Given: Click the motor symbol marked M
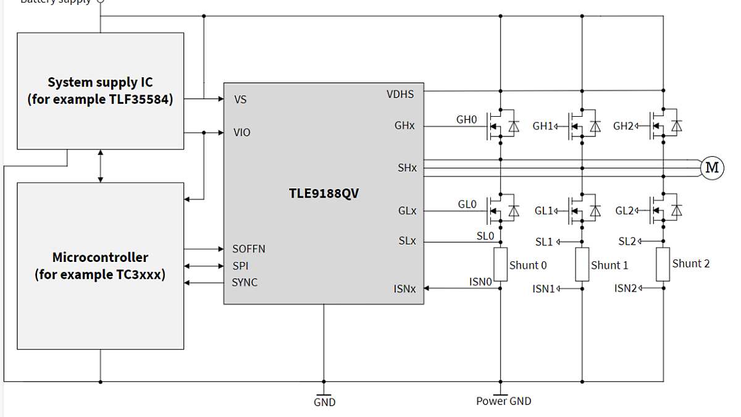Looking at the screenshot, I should pyautogui.click(x=711, y=167).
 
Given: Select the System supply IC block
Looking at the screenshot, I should pyautogui.click(x=100, y=91).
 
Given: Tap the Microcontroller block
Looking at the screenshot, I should pyautogui.click(x=100, y=266).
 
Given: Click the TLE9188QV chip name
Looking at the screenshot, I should pyautogui.click(x=324, y=193).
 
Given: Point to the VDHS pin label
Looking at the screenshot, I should pyautogui.click(x=400, y=95).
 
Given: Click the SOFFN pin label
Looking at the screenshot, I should pyautogui.click(x=248, y=249).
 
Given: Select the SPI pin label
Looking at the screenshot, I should pyautogui.click(x=241, y=266).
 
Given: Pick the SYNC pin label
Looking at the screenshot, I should pyautogui.click(x=245, y=282).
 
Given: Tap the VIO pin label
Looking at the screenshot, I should pyautogui.click(x=242, y=132).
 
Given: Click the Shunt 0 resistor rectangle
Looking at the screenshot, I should pyautogui.click(x=500, y=264).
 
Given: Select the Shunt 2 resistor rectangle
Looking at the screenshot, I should pyautogui.click(x=663, y=264).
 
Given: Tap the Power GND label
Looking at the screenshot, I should pyautogui.click(x=503, y=401).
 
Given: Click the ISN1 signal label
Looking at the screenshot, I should pyautogui.click(x=544, y=289).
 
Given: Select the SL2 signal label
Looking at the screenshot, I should pyautogui.click(x=627, y=242).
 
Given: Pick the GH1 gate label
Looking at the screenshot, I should pyautogui.click(x=543, y=126).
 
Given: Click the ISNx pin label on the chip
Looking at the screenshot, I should pyautogui.click(x=404, y=289).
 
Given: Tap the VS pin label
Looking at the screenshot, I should pyautogui.click(x=240, y=99).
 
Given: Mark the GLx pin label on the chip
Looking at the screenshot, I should pyautogui.click(x=407, y=211).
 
